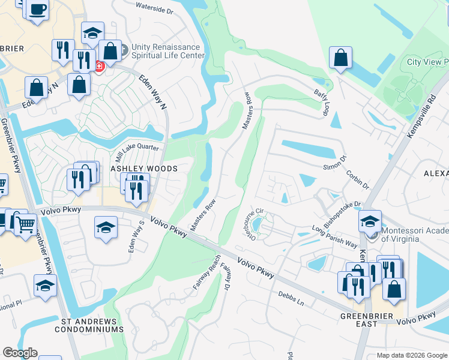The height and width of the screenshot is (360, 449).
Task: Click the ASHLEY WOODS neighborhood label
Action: (144, 169)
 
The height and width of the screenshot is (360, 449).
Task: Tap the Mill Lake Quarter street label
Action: (137, 148)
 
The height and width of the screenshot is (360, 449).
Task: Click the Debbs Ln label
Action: (292, 298)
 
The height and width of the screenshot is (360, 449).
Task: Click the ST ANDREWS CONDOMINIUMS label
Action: (89, 325)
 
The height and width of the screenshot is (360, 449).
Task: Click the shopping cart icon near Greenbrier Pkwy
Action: (25, 224)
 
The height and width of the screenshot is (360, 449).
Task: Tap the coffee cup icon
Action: (38, 10)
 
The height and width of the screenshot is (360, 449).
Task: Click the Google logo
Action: (20, 353)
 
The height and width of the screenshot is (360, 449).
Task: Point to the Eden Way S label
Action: (134, 236)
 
